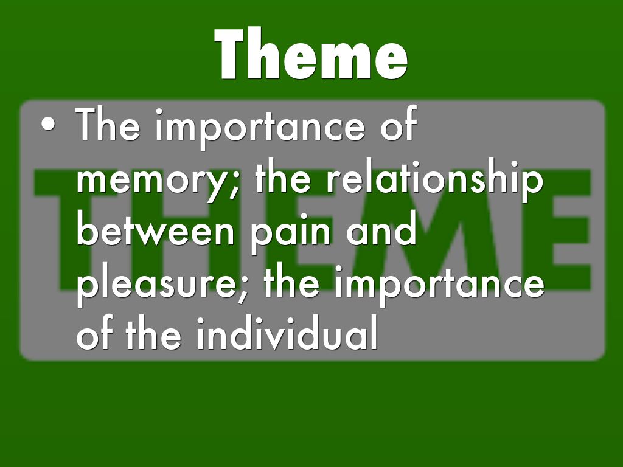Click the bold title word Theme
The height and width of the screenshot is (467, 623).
point(311,54)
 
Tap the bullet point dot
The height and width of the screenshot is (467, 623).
point(48,124)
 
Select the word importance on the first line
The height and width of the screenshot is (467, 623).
point(260,128)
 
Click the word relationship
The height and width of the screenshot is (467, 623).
point(434,179)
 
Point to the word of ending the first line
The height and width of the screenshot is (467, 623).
point(398,123)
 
